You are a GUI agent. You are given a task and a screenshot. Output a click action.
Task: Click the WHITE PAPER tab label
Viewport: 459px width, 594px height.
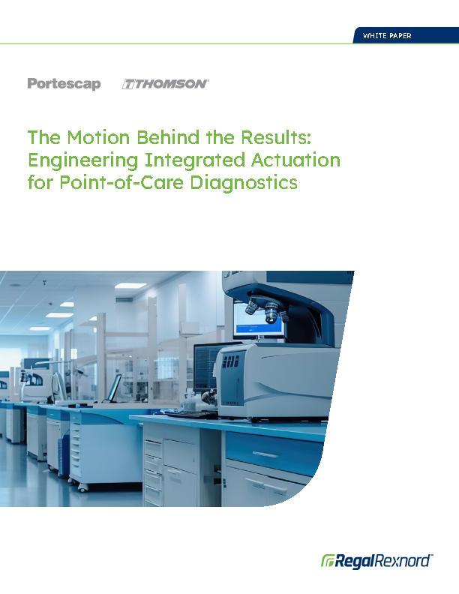click(387, 35)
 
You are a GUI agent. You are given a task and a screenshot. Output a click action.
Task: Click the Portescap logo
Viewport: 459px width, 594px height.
click(64, 84)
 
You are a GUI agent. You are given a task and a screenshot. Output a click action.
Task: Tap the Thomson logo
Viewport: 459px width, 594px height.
click(165, 84)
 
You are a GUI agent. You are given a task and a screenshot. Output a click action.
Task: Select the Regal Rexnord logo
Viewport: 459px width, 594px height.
click(377, 561)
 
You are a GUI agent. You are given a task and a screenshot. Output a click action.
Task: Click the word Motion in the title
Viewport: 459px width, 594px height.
click(98, 137)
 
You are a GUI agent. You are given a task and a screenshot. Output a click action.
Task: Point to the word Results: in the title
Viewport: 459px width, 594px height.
click(276, 137)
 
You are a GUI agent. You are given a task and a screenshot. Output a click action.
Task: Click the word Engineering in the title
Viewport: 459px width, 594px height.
click(83, 160)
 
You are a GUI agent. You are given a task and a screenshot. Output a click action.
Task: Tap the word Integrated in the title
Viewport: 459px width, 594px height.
click(195, 160)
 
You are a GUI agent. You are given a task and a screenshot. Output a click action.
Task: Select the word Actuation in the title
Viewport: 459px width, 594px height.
click(295, 160)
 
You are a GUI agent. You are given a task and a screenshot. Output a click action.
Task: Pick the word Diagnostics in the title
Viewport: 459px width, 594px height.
click(244, 183)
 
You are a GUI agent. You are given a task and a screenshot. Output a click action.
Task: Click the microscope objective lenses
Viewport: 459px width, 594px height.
click(267, 309)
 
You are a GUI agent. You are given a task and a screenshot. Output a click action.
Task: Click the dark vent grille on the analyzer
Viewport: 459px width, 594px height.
click(230, 361)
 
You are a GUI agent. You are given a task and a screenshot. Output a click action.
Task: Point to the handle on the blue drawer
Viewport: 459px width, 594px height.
click(265, 454)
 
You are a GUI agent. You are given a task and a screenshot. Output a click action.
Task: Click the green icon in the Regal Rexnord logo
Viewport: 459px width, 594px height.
click(327, 561)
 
